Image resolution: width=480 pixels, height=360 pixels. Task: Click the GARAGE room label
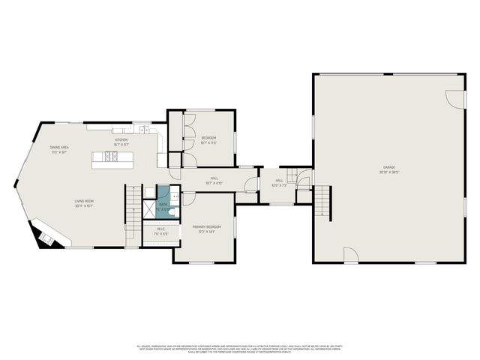[x=389, y=166]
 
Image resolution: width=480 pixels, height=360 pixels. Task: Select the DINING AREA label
[x=59, y=147]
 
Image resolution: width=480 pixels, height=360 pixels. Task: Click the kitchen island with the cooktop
[x=112, y=157]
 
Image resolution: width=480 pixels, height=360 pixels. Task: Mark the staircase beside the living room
[x=133, y=206]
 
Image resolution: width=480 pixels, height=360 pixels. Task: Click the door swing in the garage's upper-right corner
[x=453, y=100]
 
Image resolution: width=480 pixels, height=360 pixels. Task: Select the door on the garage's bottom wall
[x=350, y=257]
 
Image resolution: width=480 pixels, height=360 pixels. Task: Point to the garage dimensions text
[x=389, y=172]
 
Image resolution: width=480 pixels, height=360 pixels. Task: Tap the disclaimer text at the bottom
[x=240, y=348]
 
